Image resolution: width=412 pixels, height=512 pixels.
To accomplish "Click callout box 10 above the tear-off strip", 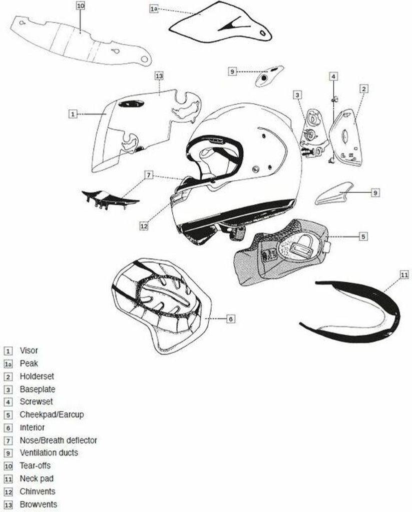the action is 81,6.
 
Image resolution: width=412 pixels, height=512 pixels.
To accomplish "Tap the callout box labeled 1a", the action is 154,8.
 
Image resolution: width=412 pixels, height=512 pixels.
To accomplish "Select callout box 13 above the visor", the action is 159,76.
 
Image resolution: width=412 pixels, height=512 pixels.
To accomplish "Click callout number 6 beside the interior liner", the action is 230,318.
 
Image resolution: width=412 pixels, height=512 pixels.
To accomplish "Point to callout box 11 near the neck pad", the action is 404,275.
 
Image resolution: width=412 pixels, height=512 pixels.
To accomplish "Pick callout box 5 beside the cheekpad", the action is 363,236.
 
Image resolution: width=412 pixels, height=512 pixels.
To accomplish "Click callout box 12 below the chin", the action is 144,225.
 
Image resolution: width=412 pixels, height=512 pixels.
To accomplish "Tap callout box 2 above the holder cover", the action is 364,88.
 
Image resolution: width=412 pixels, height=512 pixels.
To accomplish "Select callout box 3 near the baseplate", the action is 297,95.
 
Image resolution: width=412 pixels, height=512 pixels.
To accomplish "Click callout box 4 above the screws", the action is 333,76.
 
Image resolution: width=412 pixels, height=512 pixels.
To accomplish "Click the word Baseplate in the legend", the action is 37,389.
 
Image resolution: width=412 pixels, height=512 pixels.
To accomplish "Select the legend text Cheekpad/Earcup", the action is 52,414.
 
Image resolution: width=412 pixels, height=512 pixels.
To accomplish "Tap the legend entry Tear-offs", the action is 35,465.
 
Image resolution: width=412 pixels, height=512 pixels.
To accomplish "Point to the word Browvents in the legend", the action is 38,504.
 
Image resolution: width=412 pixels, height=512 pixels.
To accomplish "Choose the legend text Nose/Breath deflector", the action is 58,440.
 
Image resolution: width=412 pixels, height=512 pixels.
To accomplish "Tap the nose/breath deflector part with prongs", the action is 110,198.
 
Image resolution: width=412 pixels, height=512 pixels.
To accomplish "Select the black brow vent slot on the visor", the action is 131,104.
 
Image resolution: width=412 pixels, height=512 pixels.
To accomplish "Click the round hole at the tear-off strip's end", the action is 144,59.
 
